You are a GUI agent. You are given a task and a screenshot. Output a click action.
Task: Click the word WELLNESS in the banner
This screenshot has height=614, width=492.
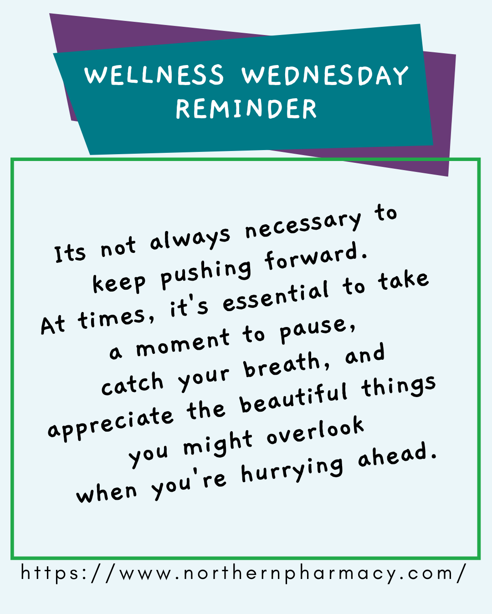(x=154, y=75)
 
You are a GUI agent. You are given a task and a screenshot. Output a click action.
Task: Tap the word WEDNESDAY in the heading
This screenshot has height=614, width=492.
(x=325, y=75)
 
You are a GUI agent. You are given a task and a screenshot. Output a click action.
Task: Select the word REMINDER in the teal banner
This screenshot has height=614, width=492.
(x=246, y=109)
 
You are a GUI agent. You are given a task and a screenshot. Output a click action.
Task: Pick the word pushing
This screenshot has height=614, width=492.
(x=206, y=274)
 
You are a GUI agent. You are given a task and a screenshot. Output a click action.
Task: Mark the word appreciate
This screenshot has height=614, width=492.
(x=111, y=423)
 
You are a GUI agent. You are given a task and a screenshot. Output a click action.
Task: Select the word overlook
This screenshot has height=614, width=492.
(x=315, y=432)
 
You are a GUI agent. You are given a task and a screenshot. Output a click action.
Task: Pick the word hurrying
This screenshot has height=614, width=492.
(x=292, y=470)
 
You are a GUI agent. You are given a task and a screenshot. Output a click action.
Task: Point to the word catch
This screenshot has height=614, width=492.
(x=132, y=384)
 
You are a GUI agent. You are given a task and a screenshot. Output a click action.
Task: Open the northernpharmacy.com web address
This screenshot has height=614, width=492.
(x=244, y=573)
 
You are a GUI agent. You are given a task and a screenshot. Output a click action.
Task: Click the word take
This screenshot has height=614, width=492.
(x=403, y=281)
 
